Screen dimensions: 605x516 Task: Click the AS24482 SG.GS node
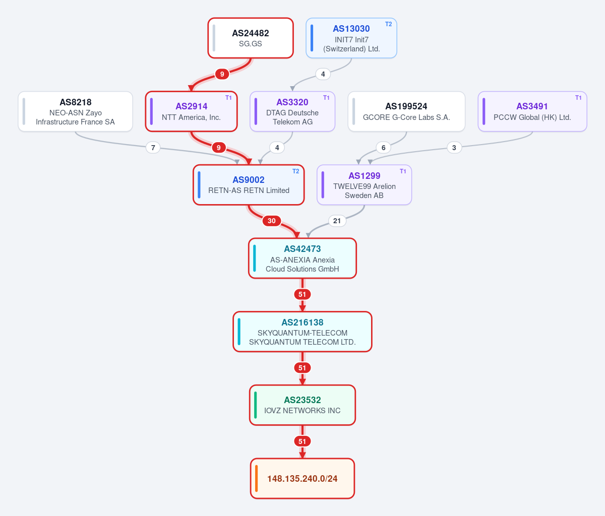pyautogui.click(x=251, y=38)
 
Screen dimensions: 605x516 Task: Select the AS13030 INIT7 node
pyautogui.click(x=351, y=38)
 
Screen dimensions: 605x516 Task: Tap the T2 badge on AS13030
pyautogui.click(x=388, y=24)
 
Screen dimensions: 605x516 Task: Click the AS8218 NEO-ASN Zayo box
pyautogui.click(x=76, y=111)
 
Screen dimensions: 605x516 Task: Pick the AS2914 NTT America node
pyautogui.click(x=191, y=111)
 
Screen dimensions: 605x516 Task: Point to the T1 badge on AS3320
pyautogui.click(x=326, y=98)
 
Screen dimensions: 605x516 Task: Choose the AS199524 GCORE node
pyautogui.click(x=406, y=111)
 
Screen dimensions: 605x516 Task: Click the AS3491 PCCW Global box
pyautogui.click(x=532, y=111)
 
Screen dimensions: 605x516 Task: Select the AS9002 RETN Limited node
pyautogui.click(x=249, y=185)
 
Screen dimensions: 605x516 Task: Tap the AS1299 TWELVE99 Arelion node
pyautogui.click(x=364, y=185)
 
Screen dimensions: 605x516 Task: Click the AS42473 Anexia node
pyautogui.click(x=302, y=259)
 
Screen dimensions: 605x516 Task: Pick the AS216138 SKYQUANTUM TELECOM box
pyautogui.click(x=302, y=332)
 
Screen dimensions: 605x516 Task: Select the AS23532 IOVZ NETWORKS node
pyautogui.click(x=302, y=405)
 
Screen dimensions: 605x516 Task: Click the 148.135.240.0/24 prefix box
pyautogui.click(x=302, y=479)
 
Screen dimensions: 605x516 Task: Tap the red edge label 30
pyautogui.click(x=272, y=221)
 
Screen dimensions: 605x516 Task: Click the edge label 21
pyautogui.click(x=337, y=221)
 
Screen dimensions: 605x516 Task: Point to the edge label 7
pyautogui.click(x=153, y=148)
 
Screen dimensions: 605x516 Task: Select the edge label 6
pyautogui.click(x=384, y=148)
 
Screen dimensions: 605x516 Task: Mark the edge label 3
pyautogui.click(x=454, y=148)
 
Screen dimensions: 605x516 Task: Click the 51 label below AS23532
pyautogui.click(x=302, y=441)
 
